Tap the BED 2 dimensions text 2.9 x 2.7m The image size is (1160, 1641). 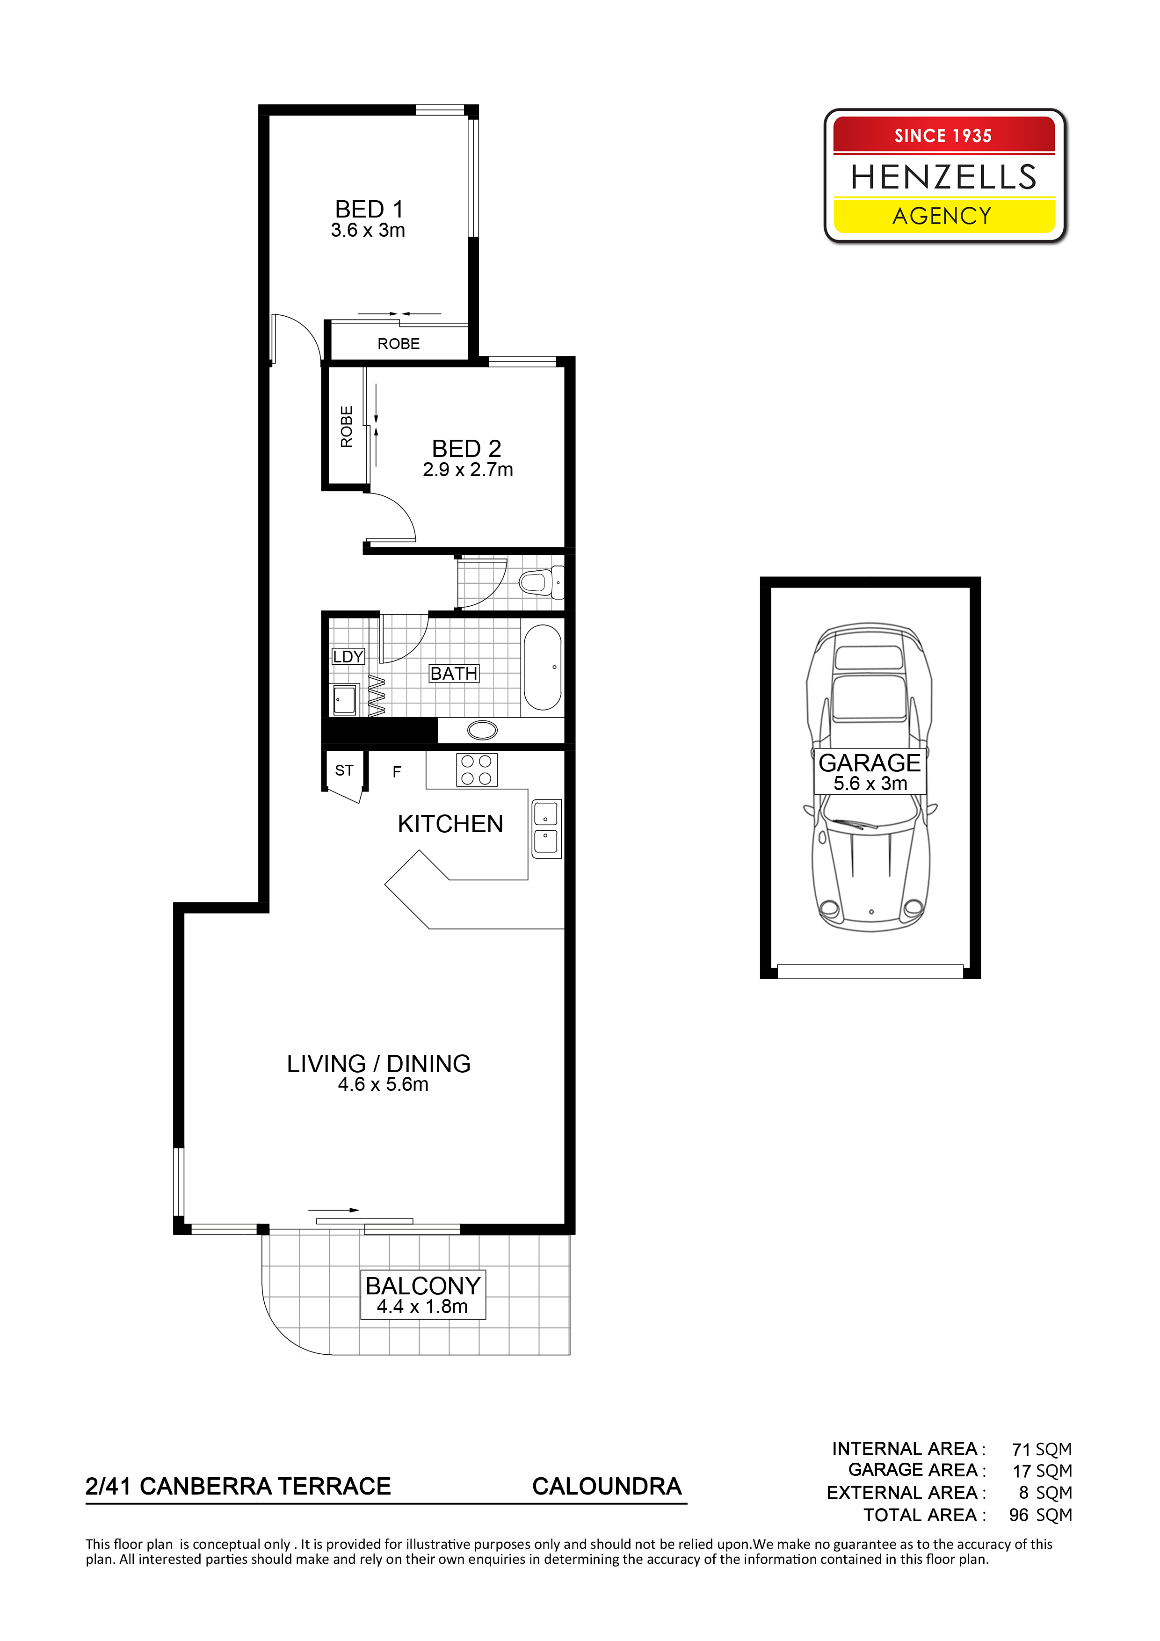point(467,470)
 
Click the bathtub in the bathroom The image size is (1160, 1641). point(543,667)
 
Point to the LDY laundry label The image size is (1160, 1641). point(348,656)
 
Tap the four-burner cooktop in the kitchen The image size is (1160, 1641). point(476,770)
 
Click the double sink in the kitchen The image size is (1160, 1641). point(546,828)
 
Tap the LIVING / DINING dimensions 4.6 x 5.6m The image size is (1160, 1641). point(383,1084)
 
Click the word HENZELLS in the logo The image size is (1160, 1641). point(943,176)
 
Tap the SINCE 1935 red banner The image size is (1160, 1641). point(943,135)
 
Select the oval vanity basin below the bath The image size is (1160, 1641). point(482,730)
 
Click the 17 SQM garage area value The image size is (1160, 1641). point(1042,1470)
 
